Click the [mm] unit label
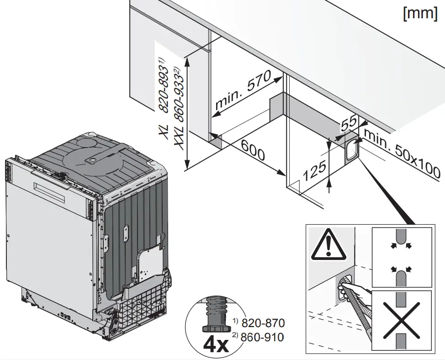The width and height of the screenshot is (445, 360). pyautogui.click(x=420, y=13)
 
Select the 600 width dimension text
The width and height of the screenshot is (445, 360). pyautogui.click(x=252, y=149)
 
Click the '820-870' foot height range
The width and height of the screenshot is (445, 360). pyautogui.click(x=263, y=323)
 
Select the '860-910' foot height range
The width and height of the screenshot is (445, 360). pyautogui.click(x=263, y=338)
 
